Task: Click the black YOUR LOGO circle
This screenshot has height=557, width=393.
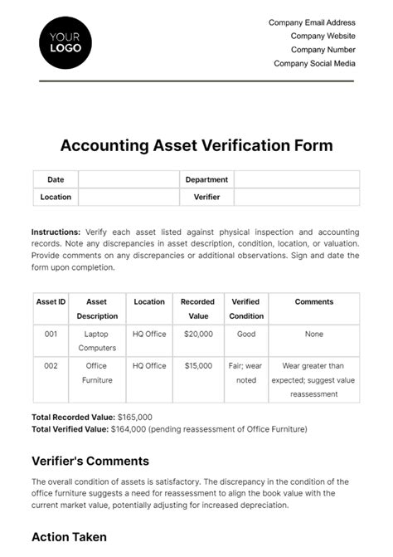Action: (65, 42)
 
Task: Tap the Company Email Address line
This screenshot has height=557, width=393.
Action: (312, 22)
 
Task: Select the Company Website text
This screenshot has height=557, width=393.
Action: (323, 37)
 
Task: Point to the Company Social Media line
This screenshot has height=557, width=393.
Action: (314, 63)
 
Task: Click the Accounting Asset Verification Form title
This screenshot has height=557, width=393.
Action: (196, 145)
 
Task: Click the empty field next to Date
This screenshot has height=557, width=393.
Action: (129, 179)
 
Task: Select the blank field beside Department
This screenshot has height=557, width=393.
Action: (296, 179)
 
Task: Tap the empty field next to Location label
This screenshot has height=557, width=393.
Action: (129, 197)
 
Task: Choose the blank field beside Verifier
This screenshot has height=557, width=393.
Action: (296, 197)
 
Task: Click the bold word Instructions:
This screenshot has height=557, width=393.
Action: (56, 232)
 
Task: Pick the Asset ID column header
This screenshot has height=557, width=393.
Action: (51, 302)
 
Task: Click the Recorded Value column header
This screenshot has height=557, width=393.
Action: (197, 309)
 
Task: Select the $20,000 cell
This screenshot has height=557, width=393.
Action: (197, 334)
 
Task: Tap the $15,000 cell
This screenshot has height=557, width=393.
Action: (197, 365)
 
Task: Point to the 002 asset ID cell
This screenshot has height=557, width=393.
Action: (51, 365)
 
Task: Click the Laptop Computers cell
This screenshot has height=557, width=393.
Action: (97, 340)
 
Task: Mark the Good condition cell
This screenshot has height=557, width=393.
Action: (245, 334)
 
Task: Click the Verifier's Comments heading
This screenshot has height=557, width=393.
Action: (90, 461)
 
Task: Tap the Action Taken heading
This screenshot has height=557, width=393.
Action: (69, 537)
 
